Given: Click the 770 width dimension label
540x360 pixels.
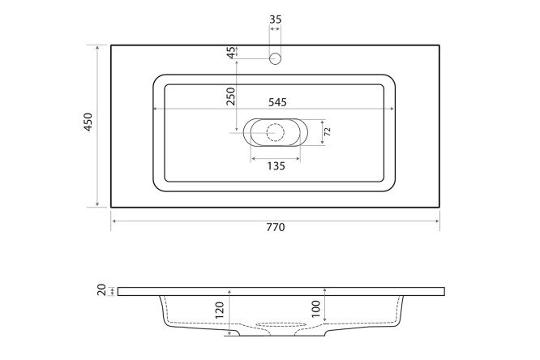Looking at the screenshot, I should click(276, 228).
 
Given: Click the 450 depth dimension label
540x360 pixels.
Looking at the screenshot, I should click(88, 124).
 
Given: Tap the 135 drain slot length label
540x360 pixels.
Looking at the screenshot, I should click(275, 166).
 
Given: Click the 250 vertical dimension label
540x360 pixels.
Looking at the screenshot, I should click(231, 97).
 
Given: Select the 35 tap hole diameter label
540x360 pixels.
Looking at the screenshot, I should click(276, 17).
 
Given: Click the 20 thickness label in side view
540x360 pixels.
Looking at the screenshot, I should click(102, 290).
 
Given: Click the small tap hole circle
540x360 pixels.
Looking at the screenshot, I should click(275, 58).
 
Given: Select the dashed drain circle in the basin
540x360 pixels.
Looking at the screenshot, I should click(275, 131).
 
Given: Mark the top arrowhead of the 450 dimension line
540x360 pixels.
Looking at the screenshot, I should click(98, 48).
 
